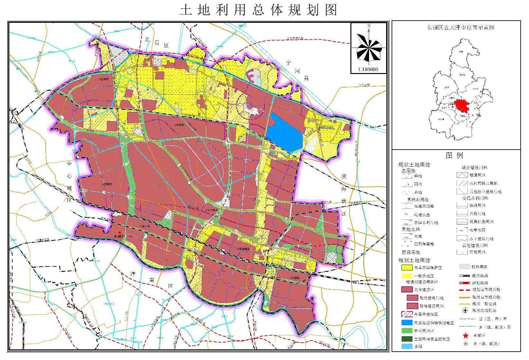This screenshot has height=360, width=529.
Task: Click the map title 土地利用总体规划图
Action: click(x=258, y=10)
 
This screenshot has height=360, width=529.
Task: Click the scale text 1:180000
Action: click(x=368, y=69)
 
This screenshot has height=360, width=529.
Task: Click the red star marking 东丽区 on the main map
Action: click(x=119, y=232)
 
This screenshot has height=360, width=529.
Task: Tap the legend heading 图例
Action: click(x=455, y=155)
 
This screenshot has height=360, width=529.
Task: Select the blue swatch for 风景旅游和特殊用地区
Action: click(x=407, y=323)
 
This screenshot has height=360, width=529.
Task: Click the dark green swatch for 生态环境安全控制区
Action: click(x=407, y=339)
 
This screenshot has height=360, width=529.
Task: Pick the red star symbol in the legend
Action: click(x=465, y=336)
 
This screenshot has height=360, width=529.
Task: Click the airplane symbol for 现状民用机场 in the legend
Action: click(x=465, y=310)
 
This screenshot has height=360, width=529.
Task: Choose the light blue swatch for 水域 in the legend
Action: click(x=407, y=346)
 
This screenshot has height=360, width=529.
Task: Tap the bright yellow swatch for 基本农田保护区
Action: click(x=407, y=267)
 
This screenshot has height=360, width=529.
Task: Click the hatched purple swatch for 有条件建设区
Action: click(x=407, y=314)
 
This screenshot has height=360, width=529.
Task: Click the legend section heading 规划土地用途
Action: click(x=414, y=260)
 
